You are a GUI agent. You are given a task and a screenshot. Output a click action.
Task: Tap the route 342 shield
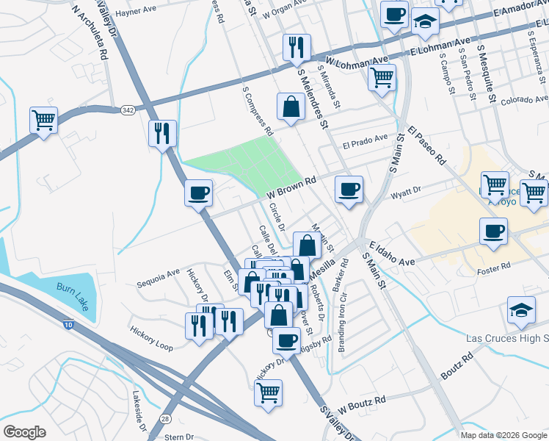(128, 110)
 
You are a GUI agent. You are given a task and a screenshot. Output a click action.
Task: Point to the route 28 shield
(165, 418)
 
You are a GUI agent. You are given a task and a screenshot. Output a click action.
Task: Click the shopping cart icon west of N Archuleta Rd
(43, 120)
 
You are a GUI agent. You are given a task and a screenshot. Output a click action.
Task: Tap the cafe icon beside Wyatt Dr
(349, 189)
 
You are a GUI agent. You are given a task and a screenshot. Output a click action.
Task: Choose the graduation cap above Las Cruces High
(521, 309)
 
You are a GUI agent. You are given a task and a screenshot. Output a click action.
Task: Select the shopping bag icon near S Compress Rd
(291, 106)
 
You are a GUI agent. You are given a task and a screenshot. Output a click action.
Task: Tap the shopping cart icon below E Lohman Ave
(382, 76)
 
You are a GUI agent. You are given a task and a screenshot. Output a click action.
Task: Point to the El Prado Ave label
(363, 140)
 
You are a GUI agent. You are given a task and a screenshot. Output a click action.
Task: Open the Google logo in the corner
(25, 432)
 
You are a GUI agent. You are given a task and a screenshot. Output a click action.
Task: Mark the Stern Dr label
(178, 436)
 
